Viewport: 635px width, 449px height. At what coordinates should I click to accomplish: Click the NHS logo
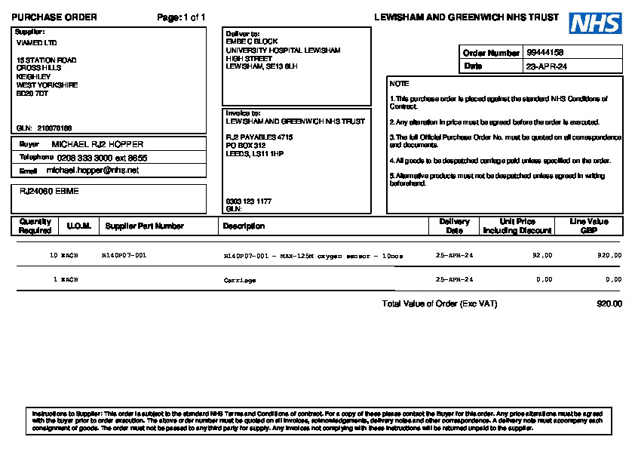point(595,23)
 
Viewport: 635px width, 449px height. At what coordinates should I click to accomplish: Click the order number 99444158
point(545,53)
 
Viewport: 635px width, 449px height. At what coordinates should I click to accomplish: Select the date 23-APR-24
point(547,66)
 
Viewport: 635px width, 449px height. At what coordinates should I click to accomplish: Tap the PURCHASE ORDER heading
point(54,17)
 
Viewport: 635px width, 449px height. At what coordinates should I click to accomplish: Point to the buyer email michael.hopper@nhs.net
point(93,171)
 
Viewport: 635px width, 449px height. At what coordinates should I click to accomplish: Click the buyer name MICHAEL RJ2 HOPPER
point(97,144)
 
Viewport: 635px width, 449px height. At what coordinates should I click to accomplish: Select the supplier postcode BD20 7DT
point(32,94)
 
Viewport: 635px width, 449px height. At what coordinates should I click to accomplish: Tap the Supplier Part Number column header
point(144,226)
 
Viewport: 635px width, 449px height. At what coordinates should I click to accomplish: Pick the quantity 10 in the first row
point(54,256)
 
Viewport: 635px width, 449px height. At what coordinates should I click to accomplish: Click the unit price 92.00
point(541,256)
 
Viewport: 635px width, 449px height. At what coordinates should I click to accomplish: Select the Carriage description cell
point(240,280)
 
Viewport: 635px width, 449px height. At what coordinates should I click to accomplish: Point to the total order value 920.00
point(609,304)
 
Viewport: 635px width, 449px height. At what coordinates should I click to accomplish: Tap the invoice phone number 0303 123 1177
point(248,201)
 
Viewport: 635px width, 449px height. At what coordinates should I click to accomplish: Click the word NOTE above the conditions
point(399,84)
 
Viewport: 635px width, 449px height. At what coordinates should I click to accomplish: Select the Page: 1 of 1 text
point(181,17)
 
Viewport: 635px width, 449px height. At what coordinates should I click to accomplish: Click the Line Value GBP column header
point(588,226)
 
